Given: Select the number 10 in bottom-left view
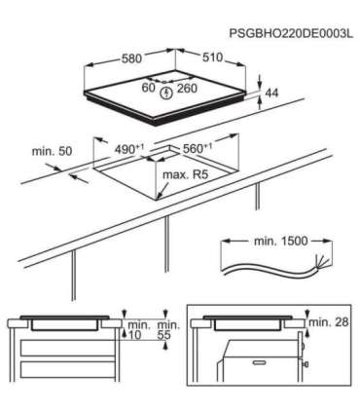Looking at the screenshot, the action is click(136, 335).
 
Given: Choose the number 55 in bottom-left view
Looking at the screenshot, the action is click(165, 335).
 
